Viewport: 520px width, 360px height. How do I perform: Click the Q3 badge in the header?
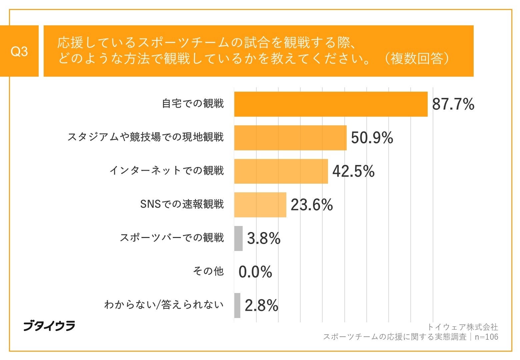click(19, 51)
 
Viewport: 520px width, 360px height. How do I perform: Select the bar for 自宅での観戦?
click(331, 104)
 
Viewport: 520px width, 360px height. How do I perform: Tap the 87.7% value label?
click(453, 104)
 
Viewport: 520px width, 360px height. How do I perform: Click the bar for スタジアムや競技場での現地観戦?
click(290, 138)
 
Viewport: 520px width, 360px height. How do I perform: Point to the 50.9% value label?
click(372, 138)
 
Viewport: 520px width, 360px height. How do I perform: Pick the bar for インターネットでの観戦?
click(281, 171)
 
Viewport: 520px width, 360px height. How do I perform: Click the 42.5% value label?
click(353, 171)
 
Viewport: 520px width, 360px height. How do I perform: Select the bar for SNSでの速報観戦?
click(260, 205)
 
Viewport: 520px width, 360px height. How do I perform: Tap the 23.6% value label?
click(312, 205)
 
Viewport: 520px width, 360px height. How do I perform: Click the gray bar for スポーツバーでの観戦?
click(238, 238)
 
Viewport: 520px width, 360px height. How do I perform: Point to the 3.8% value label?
click(264, 239)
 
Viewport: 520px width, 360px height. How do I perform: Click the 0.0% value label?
click(255, 272)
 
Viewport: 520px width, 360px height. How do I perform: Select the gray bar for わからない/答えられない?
click(237, 305)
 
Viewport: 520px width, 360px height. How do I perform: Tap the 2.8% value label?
click(261, 306)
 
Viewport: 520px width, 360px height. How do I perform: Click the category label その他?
click(208, 271)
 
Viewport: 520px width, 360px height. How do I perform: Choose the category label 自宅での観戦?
click(193, 104)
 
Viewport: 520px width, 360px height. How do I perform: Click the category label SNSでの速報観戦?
click(182, 204)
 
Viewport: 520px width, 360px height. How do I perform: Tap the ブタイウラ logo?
click(49, 326)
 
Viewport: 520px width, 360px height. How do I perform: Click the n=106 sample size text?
click(486, 337)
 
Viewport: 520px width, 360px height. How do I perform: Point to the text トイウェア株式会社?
click(462, 327)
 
